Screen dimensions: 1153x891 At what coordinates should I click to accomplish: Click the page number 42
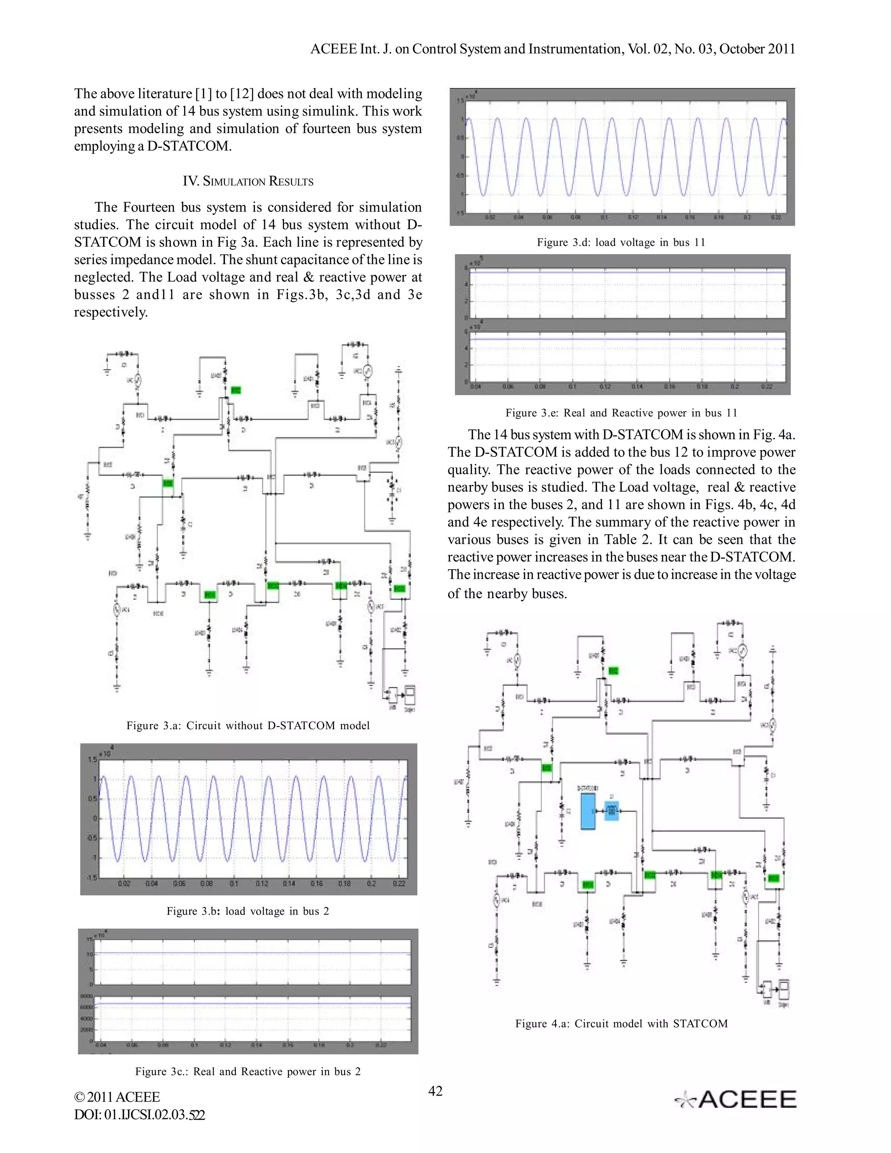click(x=435, y=1091)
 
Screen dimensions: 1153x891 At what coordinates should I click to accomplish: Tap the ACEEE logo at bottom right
click(x=736, y=1099)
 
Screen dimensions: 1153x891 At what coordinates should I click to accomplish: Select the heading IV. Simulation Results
click(x=248, y=181)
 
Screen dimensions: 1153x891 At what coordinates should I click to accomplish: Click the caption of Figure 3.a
click(x=248, y=725)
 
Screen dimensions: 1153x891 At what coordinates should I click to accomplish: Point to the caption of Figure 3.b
click(x=248, y=911)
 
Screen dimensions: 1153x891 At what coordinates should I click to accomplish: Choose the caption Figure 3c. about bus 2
click(x=248, y=1071)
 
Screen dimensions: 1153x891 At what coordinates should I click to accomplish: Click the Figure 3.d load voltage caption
click(x=621, y=242)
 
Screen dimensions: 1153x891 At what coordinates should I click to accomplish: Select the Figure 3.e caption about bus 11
click(x=621, y=413)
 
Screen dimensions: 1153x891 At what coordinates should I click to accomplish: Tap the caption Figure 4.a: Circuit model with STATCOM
click(x=621, y=1024)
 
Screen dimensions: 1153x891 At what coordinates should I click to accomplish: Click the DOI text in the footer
click(x=139, y=1115)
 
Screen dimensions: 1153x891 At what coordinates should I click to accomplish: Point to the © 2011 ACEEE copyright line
click(x=117, y=1097)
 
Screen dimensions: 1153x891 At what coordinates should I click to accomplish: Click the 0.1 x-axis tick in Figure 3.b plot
click(x=234, y=883)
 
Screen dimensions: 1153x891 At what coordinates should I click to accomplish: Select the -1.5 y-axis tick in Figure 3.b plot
click(x=91, y=878)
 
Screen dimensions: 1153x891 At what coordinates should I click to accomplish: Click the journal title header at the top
click(x=552, y=49)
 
